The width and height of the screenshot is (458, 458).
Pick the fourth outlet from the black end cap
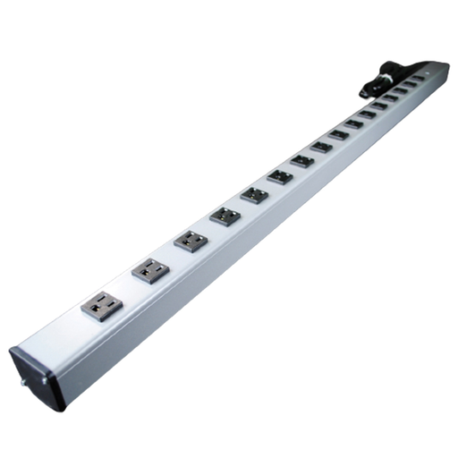point(224,215)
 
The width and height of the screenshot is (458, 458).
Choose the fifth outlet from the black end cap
point(254,193)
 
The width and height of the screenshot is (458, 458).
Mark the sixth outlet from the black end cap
point(280,175)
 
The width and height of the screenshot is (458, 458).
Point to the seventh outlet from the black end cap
point(302,160)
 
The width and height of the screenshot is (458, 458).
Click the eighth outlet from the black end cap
point(321,147)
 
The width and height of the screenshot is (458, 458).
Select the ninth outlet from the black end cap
point(338,134)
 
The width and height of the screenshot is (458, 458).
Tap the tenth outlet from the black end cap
point(353,123)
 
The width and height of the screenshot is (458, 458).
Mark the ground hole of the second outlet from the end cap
point(140,274)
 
